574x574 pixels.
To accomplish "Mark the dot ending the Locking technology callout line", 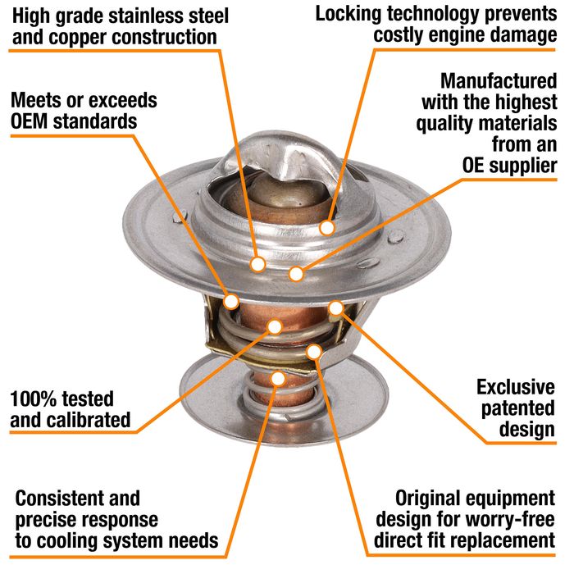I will tap(328, 227).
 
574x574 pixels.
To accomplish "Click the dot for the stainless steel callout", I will tap(257, 264).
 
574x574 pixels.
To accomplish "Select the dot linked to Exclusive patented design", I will tap(336, 308).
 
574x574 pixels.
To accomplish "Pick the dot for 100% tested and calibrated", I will tap(274, 327).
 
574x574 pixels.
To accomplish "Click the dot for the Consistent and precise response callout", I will tap(279, 378).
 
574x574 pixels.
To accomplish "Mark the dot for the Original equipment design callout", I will tap(314, 352).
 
